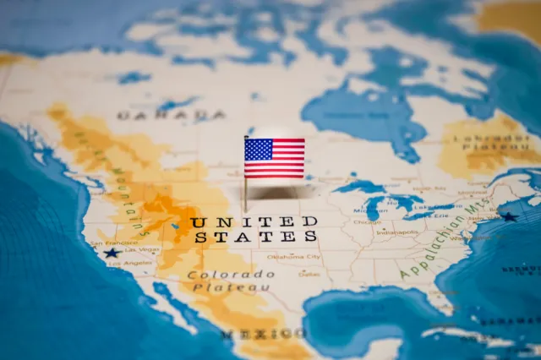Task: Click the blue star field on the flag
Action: pos(258,150)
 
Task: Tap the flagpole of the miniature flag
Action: pos(246,190)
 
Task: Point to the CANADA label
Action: pos(171,115)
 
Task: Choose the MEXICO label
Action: pos(264,335)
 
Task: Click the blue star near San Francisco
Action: pos(111,253)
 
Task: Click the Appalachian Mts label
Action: pos(433,247)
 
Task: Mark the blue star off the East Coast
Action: pos(509,217)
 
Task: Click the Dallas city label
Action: pos(309,274)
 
